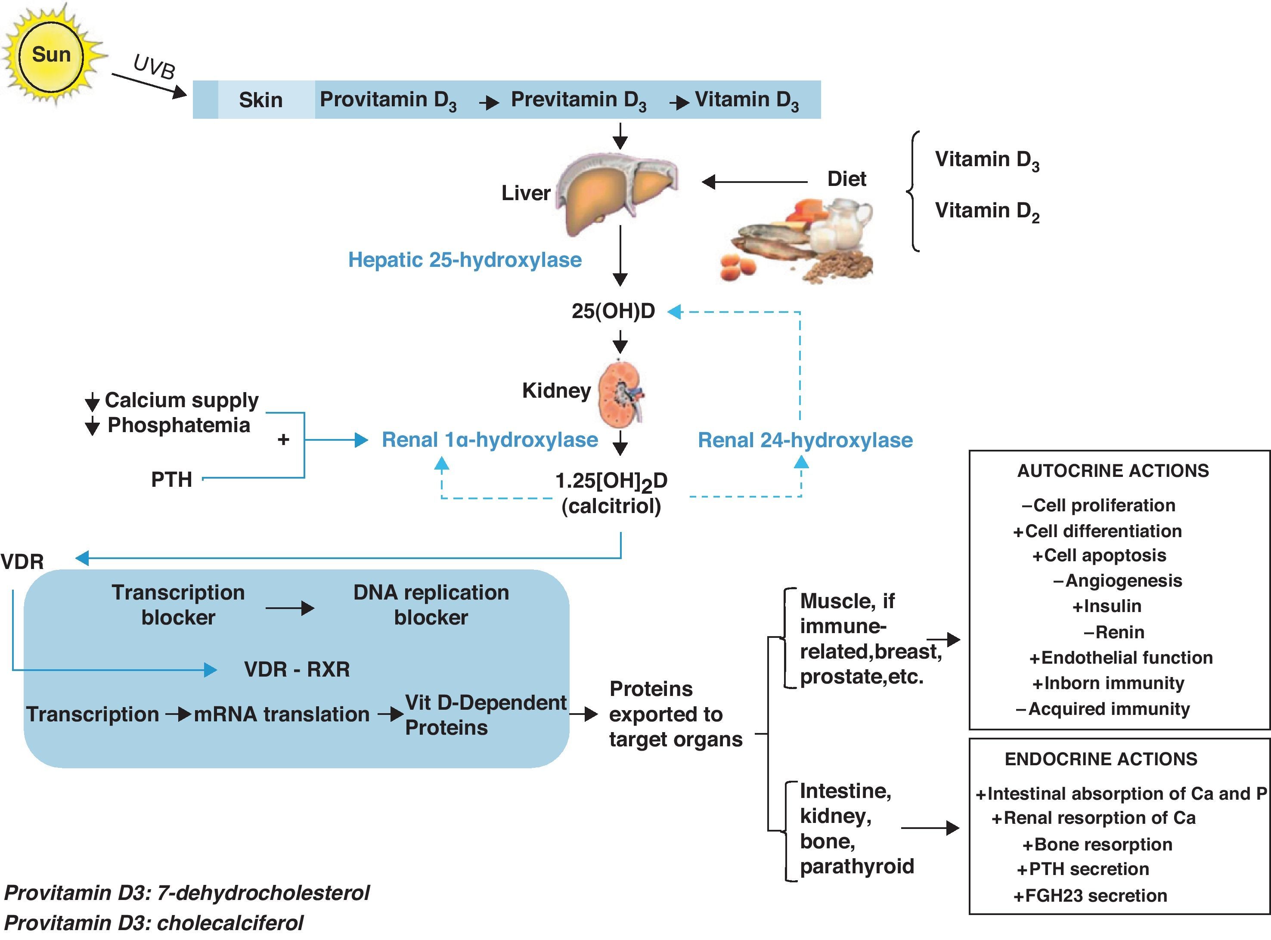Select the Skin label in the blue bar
[x=260, y=100]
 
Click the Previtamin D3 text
[x=578, y=100]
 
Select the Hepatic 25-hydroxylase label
[x=465, y=260]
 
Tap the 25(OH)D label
[x=613, y=311]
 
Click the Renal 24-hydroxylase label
[x=805, y=440]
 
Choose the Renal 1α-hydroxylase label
[x=490, y=440]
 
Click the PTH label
[x=171, y=479]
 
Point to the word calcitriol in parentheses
[x=611, y=506]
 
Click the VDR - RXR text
[x=297, y=669]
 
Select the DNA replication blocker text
[x=431, y=605]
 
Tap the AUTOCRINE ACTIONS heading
[x=1113, y=471]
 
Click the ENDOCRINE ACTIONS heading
[x=1101, y=759]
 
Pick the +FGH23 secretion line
[x=1090, y=896]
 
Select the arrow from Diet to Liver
[x=754, y=182]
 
